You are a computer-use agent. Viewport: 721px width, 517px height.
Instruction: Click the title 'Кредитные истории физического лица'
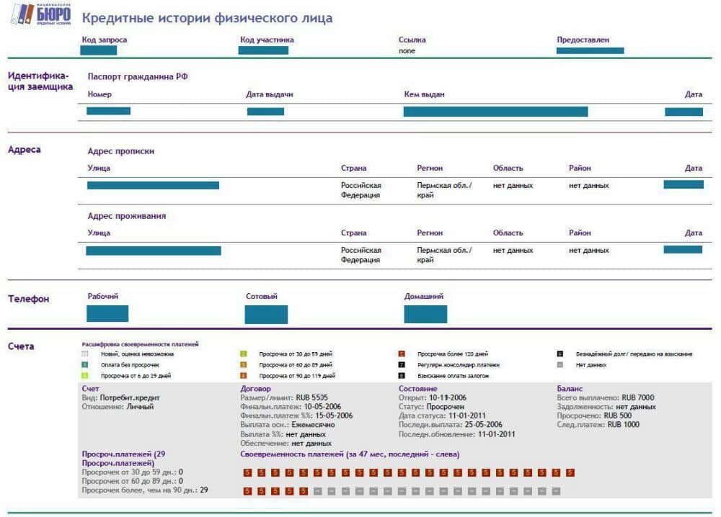pos(208,17)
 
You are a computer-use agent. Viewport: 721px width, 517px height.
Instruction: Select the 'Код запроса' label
pos(105,40)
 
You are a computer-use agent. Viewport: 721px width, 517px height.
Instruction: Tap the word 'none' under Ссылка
pos(407,51)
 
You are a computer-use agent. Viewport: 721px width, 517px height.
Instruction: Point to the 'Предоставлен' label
pos(583,40)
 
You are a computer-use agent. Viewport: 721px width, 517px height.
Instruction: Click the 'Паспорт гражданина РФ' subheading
pos(138,76)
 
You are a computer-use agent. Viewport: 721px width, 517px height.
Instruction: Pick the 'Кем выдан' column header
pos(424,94)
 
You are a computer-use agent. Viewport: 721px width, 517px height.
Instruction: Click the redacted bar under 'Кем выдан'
pos(495,112)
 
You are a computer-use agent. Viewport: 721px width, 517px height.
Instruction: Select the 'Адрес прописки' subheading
pos(120,151)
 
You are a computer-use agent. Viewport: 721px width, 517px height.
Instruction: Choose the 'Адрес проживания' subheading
pos(126,216)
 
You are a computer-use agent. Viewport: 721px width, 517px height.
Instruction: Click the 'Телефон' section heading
pos(29,299)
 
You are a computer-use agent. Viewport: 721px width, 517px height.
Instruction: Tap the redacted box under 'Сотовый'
pos(266,314)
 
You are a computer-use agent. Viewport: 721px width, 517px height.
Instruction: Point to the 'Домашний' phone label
pos(423,296)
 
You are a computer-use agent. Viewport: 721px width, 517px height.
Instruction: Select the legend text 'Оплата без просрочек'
pos(130,365)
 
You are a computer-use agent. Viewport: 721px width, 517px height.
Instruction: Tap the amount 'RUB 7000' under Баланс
pos(637,397)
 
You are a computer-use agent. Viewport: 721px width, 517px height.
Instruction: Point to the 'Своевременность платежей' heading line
pos(350,454)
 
